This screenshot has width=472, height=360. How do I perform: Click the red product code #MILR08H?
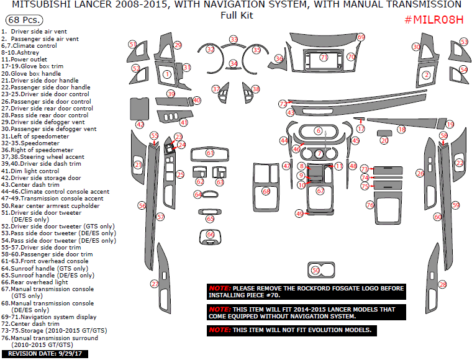click(x=434, y=19)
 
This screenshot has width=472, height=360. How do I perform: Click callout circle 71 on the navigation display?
click(x=324, y=57)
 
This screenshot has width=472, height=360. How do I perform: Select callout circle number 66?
click(x=210, y=234)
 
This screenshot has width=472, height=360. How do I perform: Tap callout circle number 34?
click(x=233, y=63)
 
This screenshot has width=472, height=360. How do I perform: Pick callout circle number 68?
click(x=266, y=191)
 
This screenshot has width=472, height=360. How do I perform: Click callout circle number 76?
click(x=370, y=204)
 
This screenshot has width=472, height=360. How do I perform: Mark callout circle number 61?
click(x=210, y=153)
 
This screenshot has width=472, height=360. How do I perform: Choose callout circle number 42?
click(x=140, y=125)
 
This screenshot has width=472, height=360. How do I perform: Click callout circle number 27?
click(x=155, y=284)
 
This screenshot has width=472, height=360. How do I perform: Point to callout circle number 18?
click(x=401, y=129)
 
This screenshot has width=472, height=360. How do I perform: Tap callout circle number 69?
click(x=361, y=37)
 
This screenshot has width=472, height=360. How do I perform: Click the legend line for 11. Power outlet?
click(x=28, y=59)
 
